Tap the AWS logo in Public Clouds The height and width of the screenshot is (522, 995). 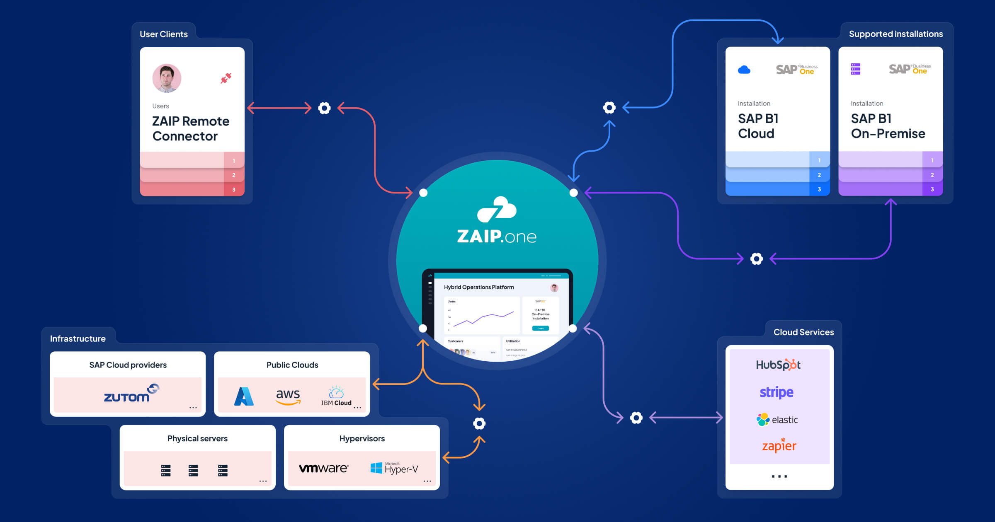288,396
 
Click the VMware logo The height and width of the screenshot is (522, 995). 323,468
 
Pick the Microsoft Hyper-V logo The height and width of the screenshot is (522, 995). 394,468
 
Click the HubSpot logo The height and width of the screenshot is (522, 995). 778,365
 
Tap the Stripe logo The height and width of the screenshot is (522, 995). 777,392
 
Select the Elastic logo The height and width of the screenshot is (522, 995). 777,420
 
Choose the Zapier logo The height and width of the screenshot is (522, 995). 779,446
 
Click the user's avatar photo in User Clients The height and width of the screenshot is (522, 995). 167,78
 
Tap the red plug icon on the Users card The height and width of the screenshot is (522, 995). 226,78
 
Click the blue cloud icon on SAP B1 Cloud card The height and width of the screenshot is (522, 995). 744,70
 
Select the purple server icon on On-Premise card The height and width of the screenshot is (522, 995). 856,69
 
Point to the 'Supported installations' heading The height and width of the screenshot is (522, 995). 895,34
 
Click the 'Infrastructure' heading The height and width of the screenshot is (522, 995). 78,339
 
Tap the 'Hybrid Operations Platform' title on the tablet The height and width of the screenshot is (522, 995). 479,287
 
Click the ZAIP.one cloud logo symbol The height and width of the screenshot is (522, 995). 497,209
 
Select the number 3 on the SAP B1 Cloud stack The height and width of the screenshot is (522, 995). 819,189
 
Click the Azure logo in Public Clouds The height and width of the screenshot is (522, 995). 244,396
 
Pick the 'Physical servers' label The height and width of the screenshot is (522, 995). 197,438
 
